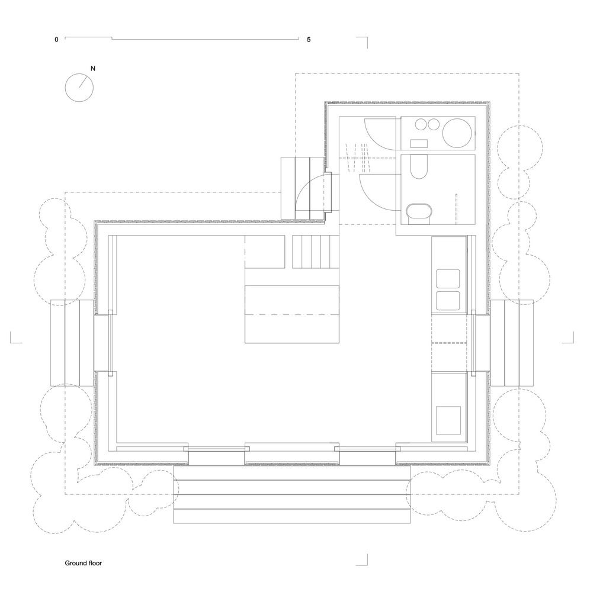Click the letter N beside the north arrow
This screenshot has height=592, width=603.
coord(92,69)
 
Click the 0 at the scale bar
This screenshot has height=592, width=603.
coord(56,40)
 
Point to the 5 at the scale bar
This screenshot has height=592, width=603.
coord(309,40)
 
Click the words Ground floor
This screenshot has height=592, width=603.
coord(83,563)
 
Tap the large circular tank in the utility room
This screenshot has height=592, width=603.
coord(457,133)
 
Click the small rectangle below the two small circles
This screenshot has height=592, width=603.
coord(419,143)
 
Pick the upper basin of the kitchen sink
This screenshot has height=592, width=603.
coord(448,279)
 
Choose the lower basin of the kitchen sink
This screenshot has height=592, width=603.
coord(448,301)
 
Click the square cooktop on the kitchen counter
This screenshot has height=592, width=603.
coord(448,420)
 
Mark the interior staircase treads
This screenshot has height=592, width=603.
coord(316,252)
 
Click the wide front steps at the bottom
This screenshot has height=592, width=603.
coord(292,494)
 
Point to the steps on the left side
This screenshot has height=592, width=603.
coord(72,343)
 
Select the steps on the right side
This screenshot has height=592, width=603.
coord(512,343)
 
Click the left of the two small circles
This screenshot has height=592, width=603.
coord(421,124)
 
